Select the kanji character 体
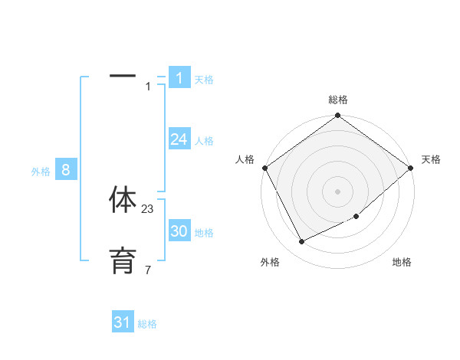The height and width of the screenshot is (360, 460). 123,200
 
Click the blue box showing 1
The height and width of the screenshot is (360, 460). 179,77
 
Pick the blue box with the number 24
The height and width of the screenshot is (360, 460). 179,139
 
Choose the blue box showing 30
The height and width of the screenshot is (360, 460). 179,231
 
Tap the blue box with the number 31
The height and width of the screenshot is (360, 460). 123,322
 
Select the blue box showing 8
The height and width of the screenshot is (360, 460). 66,170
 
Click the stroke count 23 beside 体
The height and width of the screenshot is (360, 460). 148,209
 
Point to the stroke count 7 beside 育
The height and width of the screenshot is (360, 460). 148,270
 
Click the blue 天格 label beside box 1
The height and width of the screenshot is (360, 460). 204,80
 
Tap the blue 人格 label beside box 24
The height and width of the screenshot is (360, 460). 204,141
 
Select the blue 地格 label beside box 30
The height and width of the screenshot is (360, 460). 204,233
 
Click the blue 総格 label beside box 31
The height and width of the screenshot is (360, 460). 147,325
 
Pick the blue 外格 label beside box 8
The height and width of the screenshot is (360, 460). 41,172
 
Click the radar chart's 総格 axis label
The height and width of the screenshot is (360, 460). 338,100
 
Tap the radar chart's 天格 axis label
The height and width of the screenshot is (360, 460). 431,159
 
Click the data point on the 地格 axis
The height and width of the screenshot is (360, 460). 356,216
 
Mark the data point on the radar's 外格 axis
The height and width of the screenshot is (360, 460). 301,242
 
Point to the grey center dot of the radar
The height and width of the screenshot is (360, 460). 338,191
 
